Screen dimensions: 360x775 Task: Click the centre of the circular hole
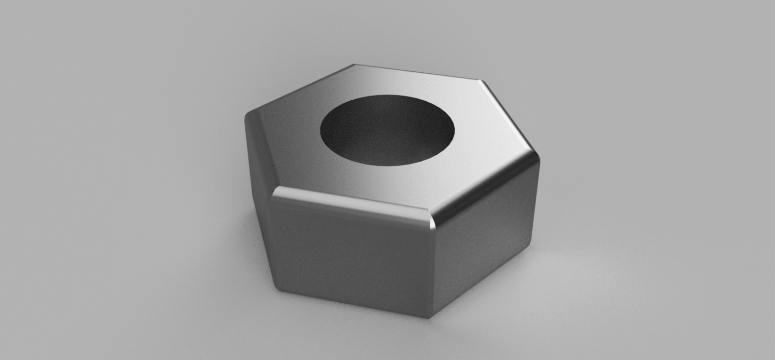click(388, 129)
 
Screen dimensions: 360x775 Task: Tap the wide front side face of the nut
click(351, 253)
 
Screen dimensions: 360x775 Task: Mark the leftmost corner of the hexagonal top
click(246, 115)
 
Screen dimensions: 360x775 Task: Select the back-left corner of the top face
click(355, 65)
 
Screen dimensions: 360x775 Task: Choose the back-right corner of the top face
click(482, 81)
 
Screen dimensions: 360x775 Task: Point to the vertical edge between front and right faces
click(432, 269)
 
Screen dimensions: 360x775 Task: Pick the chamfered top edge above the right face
click(486, 186)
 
